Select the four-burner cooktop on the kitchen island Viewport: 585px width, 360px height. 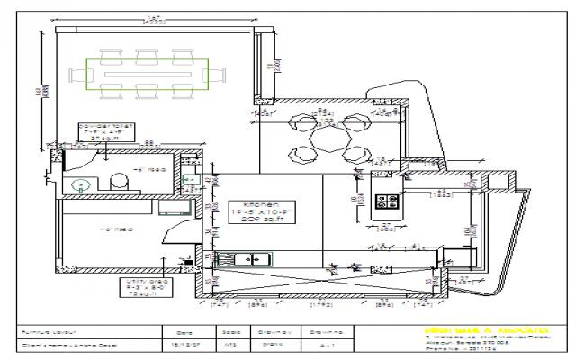388,202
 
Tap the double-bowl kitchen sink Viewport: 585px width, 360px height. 248,260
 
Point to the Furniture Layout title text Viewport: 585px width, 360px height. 45,331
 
